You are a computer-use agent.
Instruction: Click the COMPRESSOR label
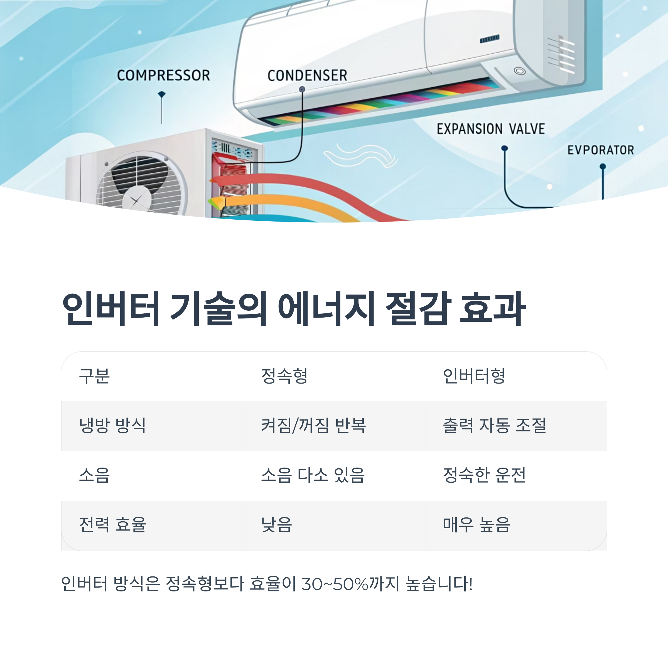[163, 75]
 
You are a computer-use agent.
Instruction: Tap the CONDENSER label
[307, 75]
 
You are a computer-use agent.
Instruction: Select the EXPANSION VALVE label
[491, 129]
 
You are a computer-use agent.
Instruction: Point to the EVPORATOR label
[601, 150]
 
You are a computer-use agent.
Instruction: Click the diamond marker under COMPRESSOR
[161, 94]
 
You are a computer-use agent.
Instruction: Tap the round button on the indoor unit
[519, 71]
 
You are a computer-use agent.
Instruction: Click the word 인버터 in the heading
[111, 308]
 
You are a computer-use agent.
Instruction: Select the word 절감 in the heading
[418, 308]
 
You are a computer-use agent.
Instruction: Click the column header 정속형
[284, 376]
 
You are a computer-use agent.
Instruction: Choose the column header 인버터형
[474, 376]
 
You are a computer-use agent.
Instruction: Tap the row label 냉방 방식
[112, 425]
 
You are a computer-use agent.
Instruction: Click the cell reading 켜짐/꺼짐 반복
[313, 425]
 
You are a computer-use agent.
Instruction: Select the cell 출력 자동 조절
[494, 425]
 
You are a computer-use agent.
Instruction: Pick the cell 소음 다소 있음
[313, 475]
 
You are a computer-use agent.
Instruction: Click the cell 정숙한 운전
[484, 475]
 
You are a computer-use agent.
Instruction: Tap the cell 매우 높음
[477, 524]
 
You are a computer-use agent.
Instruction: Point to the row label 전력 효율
[112, 524]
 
